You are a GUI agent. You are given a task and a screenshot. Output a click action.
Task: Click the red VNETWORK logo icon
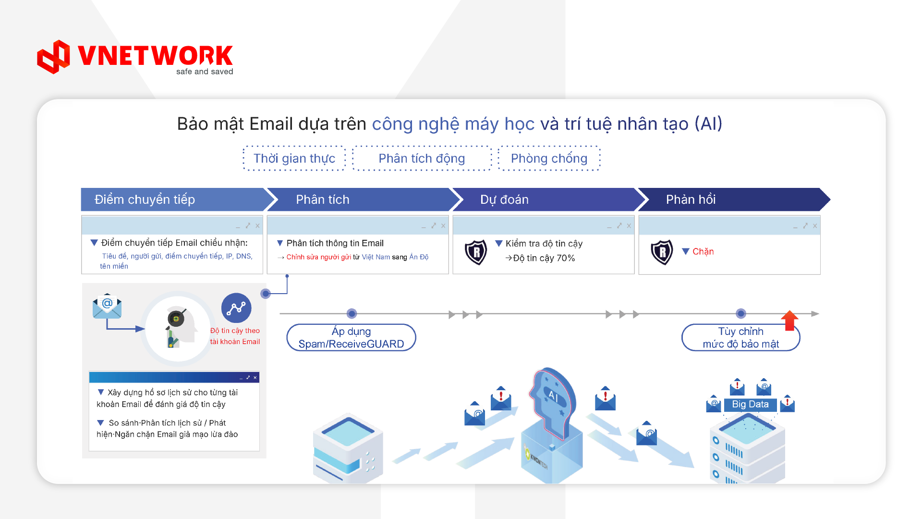click(54, 57)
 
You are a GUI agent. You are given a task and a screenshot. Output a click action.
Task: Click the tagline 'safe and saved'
click(205, 72)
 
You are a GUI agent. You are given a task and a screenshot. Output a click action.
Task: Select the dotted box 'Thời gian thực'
click(294, 158)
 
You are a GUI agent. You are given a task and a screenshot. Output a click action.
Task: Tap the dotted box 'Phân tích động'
click(422, 158)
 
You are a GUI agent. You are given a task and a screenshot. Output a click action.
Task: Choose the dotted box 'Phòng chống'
click(549, 158)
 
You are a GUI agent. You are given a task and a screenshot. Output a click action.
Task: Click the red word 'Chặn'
click(703, 251)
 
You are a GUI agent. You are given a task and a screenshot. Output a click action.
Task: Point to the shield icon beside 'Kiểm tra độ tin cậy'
click(476, 252)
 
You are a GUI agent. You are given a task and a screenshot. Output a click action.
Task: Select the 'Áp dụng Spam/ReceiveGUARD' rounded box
click(351, 337)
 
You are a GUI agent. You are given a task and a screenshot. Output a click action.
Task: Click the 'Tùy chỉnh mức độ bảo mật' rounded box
click(740, 337)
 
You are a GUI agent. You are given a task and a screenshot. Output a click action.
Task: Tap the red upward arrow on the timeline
click(789, 320)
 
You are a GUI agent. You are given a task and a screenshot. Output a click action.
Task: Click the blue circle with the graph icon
click(236, 308)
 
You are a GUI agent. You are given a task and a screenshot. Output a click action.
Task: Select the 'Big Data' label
click(750, 405)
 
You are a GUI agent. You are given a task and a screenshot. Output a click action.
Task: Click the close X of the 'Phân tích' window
click(443, 225)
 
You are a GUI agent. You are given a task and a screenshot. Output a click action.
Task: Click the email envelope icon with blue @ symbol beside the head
click(107, 306)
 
